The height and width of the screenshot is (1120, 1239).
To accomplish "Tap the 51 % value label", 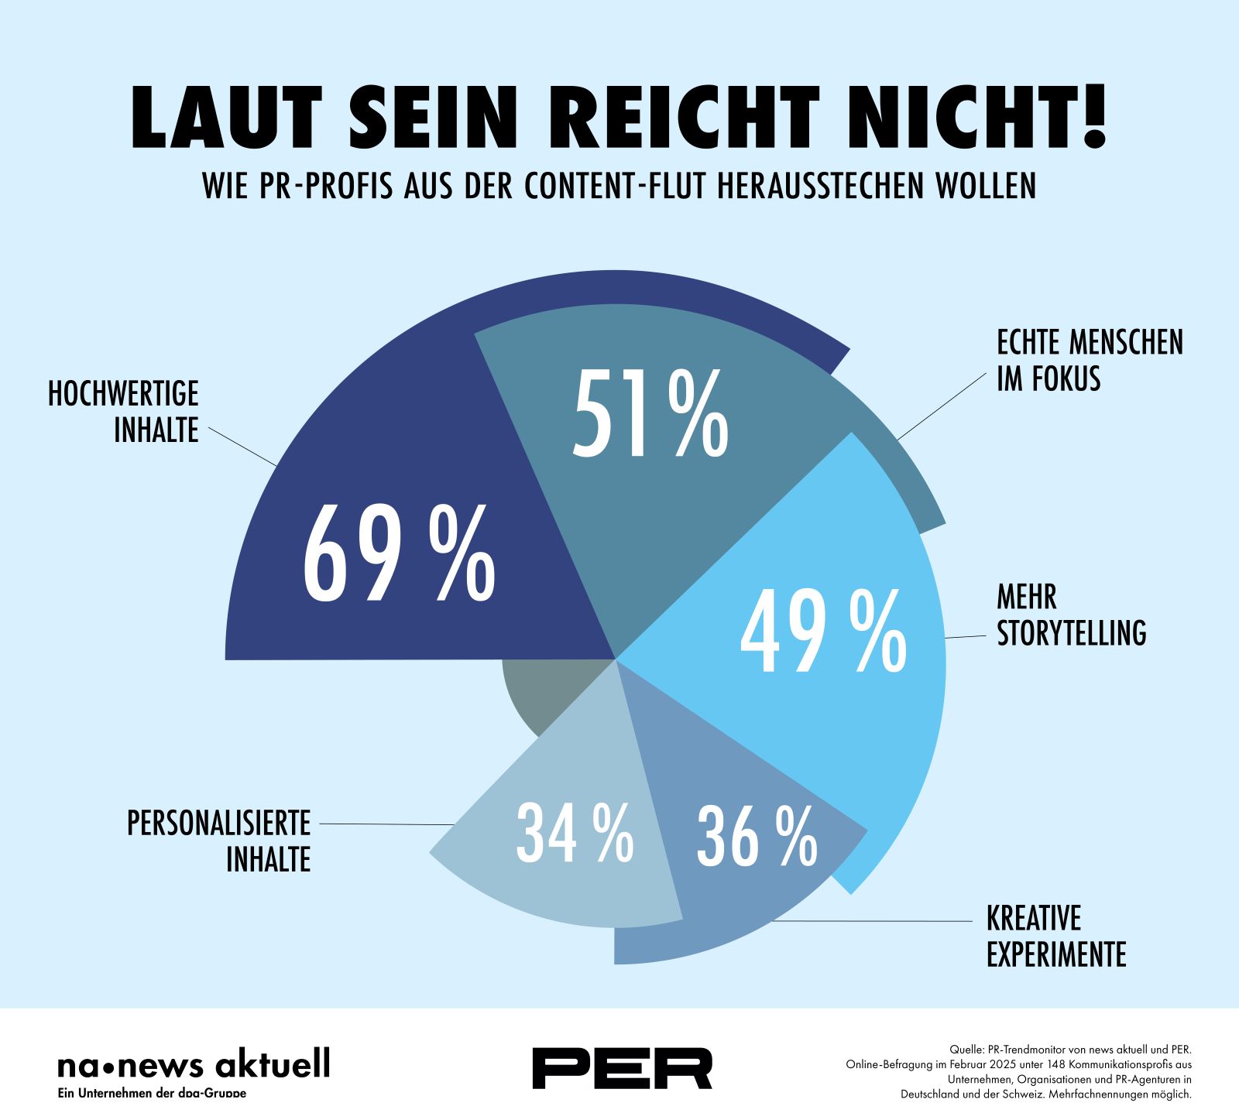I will pos(650,413).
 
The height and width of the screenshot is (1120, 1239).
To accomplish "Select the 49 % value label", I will pos(822,632).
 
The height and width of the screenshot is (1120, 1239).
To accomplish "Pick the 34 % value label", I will pos(575,834).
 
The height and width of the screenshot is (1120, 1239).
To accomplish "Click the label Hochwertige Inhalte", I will pos(124,411).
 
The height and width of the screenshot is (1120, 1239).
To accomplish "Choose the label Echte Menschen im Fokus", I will pos(1089,360).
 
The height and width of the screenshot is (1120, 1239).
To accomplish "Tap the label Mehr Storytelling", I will pos(1070,615).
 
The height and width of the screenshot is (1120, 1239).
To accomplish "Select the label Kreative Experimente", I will pos(1055,936).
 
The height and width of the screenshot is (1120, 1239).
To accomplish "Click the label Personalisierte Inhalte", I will pos(219,841).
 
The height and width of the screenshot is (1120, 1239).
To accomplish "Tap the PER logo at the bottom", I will pos(622,1068).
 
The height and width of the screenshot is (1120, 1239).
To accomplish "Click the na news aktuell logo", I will pos(194,1064).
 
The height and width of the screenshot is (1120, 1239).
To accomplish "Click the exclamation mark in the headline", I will pos(1093,116).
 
